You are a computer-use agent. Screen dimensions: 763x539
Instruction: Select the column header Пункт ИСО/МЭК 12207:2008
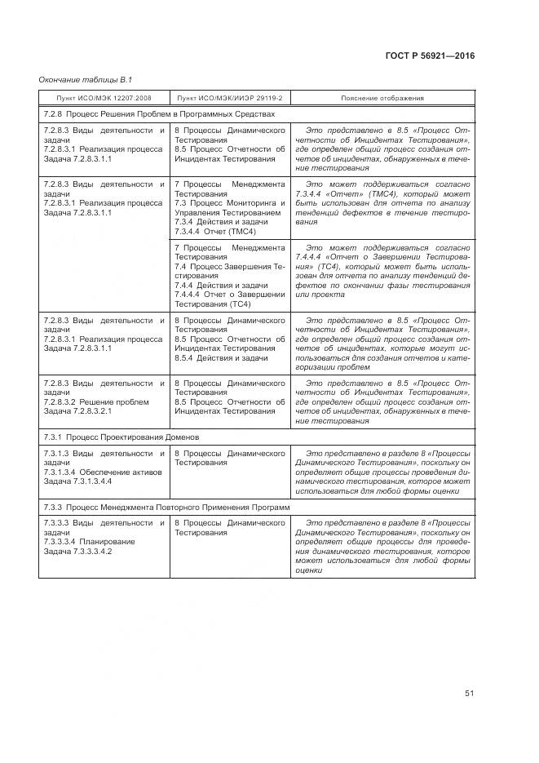tap(103, 98)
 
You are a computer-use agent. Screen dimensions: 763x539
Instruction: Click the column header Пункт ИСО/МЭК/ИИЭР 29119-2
tap(229, 98)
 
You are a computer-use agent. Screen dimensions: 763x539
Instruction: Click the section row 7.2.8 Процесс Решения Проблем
tap(159, 114)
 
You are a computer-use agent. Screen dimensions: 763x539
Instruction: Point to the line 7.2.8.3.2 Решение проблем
tap(95, 401)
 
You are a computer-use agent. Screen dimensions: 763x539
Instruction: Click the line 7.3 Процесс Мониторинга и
tap(230, 202)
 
